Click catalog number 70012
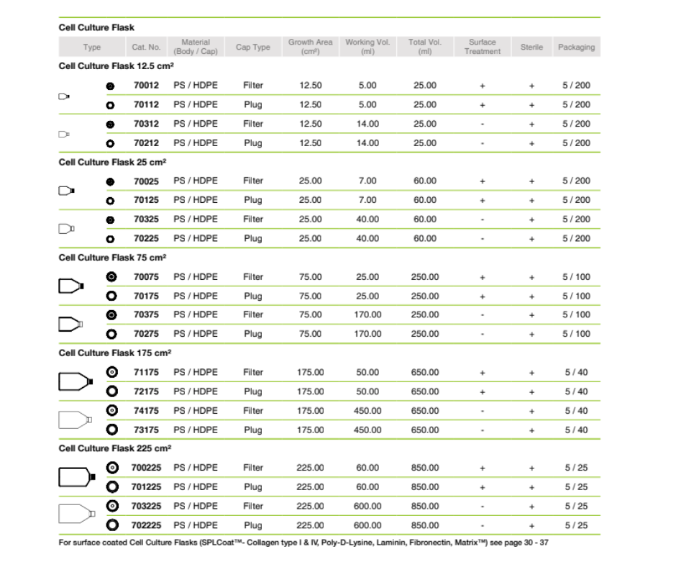pyautogui.click(x=146, y=86)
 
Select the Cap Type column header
pyautogui.click(x=253, y=47)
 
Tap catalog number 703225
pyautogui.click(x=147, y=506)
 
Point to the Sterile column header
pyautogui.click(x=531, y=47)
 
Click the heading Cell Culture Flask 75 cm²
pyautogui.click(x=115, y=258)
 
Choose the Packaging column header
pyautogui.click(x=576, y=47)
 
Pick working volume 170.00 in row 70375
pyautogui.click(x=367, y=314)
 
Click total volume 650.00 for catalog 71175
pyautogui.click(x=424, y=372)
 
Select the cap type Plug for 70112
pyautogui.click(x=253, y=104)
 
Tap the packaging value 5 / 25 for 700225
pyautogui.click(x=576, y=468)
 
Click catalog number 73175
pyautogui.click(x=146, y=430)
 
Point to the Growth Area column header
pyautogui.click(x=310, y=47)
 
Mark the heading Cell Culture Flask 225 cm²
pyautogui.click(x=115, y=448)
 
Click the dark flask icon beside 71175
pyautogui.click(x=76, y=381)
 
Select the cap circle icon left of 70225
pyautogui.click(x=111, y=238)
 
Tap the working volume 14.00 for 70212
pyautogui.click(x=367, y=142)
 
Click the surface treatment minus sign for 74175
pyautogui.click(x=482, y=411)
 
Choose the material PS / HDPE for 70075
pyautogui.click(x=196, y=276)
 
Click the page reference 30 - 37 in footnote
pyautogui.click(x=536, y=543)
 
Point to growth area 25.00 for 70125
pyautogui.click(x=310, y=200)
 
